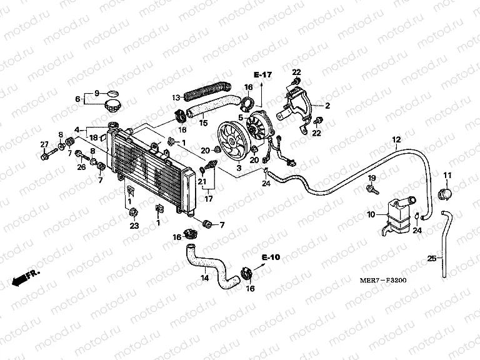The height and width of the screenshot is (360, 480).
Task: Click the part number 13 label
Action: (x=176, y=97)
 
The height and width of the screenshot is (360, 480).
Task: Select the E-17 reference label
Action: (x=263, y=75)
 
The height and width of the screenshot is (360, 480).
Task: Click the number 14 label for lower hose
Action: (x=203, y=278)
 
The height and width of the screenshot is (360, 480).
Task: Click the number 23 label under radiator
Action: (x=133, y=227)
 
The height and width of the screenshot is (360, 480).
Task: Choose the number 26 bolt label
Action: (x=81, y=167)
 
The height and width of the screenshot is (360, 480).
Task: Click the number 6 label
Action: (x=79, y=99)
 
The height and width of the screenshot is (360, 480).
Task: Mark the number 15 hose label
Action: (x=202, y=122)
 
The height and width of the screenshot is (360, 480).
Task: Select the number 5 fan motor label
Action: (x=239, y=116)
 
